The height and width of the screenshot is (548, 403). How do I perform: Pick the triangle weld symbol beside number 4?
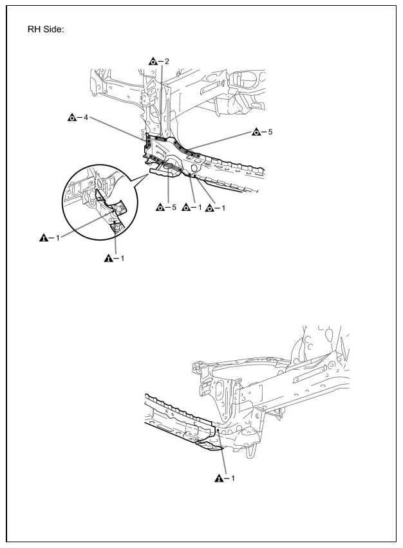tap(72, 118)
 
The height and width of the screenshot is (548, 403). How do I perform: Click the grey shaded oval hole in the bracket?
tap(169, 167)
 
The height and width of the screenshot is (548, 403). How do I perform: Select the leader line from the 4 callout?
tap(113, 129)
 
